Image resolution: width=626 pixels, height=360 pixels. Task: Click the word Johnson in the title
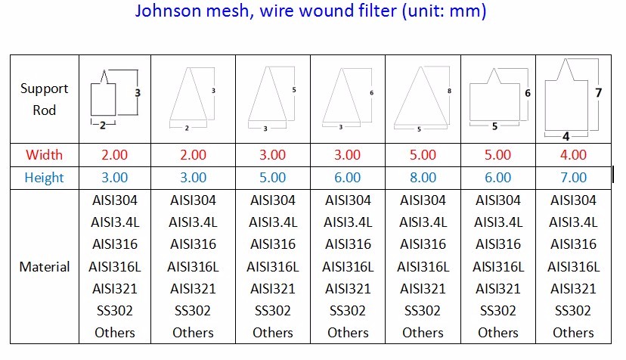(x=168, y=11)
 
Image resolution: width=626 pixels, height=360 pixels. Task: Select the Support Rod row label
(x=45, y=99)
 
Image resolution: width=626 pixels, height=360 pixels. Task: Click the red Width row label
(x=45, y=154)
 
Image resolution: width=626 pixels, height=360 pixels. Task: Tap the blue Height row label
(x=45, y=178)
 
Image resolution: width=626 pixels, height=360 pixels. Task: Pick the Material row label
(x=45, y=266)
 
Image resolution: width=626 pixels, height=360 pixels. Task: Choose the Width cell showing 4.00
(x=573, y=154)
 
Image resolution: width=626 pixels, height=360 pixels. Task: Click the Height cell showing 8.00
(x=423, y=178)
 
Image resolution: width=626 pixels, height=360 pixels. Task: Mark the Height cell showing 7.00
(x=573, y=178)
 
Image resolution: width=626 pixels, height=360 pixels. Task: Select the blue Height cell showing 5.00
(x=273, y=178)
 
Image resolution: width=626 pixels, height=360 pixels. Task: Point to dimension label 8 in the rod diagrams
(x=449, y=91)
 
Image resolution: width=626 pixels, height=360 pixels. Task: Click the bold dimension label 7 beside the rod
(x=598, y=93)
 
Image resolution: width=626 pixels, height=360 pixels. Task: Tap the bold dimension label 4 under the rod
(x=566, y=137)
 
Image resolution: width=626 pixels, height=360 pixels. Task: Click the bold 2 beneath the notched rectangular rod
(x=103, y=126)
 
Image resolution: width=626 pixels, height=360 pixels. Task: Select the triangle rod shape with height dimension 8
(x=420, y=96)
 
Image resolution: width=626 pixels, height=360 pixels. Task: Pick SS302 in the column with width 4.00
(x=573, y=310)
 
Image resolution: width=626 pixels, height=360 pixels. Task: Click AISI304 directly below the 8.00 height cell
(x=423, y=200)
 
